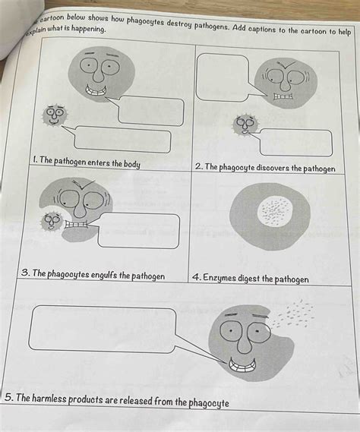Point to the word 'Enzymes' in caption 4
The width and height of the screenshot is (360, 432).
click(x=225, y=279)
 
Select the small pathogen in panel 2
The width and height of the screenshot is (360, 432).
click(x=245, y=124)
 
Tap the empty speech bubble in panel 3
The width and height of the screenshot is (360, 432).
click(x=138, y=230)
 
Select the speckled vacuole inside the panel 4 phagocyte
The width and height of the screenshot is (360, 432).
click(x=270, y=212)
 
